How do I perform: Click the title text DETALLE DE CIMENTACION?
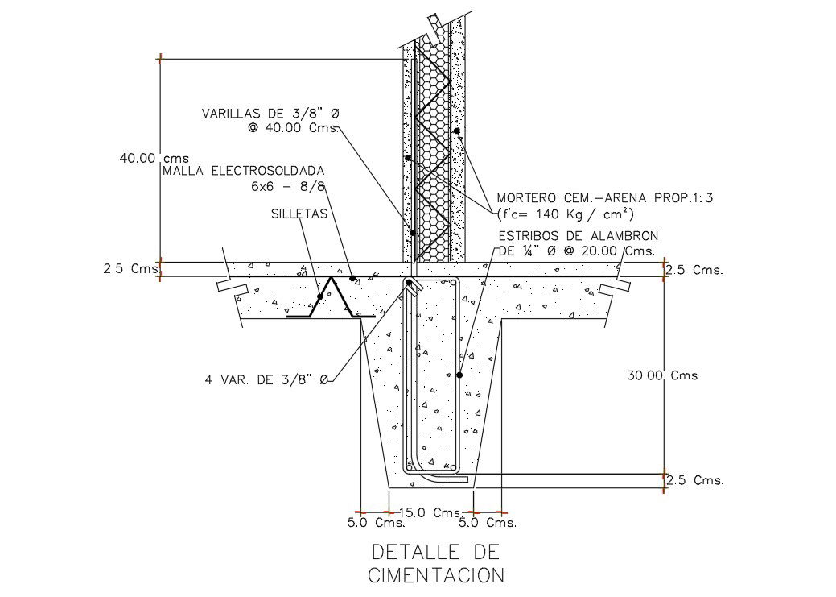point(435,564)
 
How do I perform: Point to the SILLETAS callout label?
point(299,214)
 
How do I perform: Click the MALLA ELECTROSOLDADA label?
point(244,171)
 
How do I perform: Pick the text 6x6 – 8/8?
point(287,186)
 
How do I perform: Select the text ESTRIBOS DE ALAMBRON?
point(579,235)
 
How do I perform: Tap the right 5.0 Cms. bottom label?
point(487,523)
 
